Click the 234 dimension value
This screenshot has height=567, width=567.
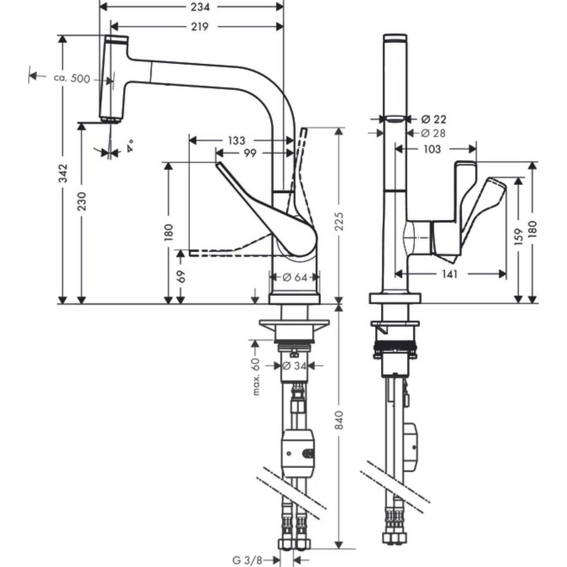200,7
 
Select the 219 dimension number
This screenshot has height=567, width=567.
200,27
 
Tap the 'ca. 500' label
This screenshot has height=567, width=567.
72,78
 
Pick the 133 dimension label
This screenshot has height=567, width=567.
236,140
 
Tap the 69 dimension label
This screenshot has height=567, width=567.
181,276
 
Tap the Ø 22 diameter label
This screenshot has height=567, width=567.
433,119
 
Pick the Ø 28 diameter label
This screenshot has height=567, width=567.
433,133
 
